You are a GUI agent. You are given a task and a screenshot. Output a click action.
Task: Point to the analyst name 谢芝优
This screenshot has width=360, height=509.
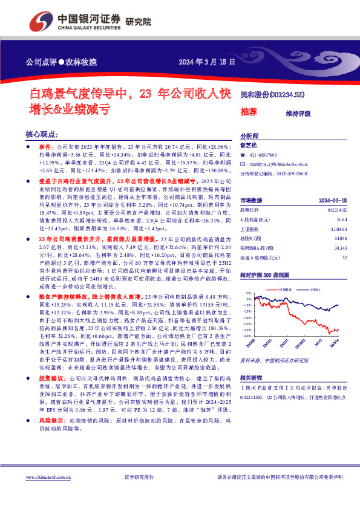249,145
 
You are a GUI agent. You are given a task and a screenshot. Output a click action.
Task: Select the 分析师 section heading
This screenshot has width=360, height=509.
250,136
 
